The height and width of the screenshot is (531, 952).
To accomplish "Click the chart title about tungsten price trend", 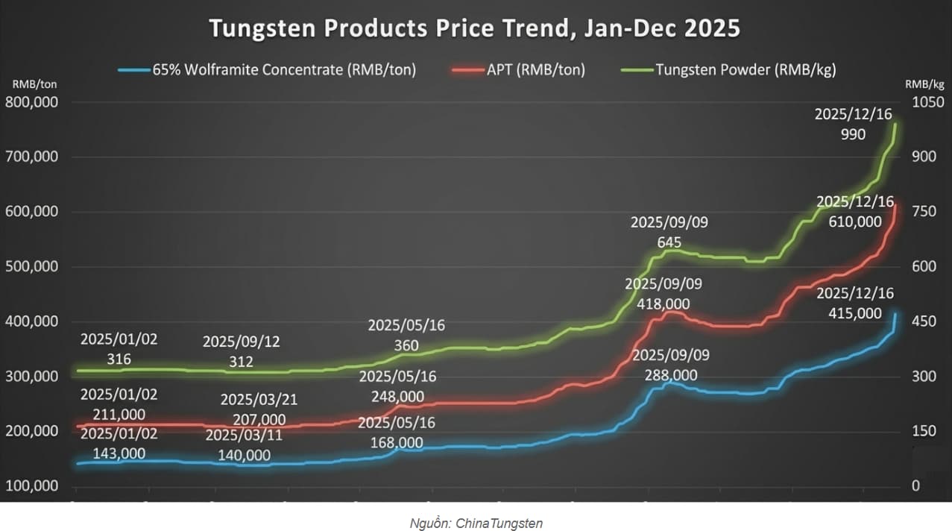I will coord(474,28).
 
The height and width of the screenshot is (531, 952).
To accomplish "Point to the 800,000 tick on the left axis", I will coord(32,103).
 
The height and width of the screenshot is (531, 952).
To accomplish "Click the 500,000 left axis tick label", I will coord(32,267).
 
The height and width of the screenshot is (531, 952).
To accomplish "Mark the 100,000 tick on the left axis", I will coord(32,486).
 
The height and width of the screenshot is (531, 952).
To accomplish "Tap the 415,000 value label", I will coord(854,313).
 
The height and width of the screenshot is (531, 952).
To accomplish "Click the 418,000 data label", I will coord(663,304).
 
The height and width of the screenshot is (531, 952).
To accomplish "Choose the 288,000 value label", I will coord(670,375).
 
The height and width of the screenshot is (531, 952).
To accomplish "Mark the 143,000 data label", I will coord(119,453).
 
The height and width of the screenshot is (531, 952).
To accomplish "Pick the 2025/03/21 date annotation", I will coord(259,400).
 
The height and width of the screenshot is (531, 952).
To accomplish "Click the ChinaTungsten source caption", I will coord(476,524).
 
